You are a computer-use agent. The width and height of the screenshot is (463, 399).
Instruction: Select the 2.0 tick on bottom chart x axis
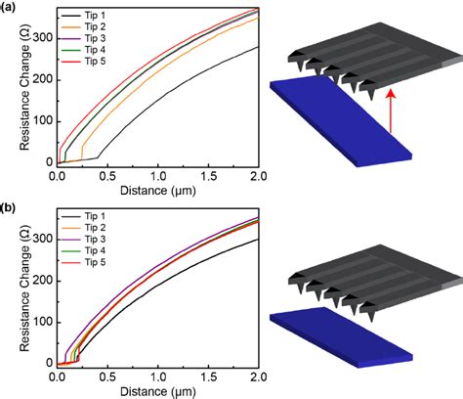pos(257,377)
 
